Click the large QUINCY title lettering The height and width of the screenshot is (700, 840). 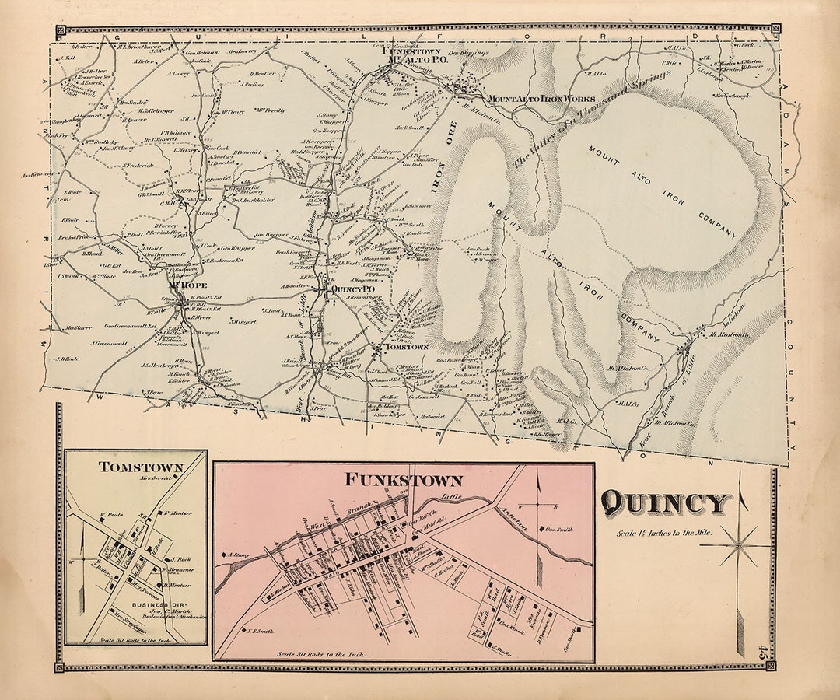[x=666, y=504]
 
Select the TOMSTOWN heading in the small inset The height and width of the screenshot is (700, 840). [x=141, y=467]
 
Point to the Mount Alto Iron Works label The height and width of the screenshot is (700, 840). [x=541, y=100]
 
